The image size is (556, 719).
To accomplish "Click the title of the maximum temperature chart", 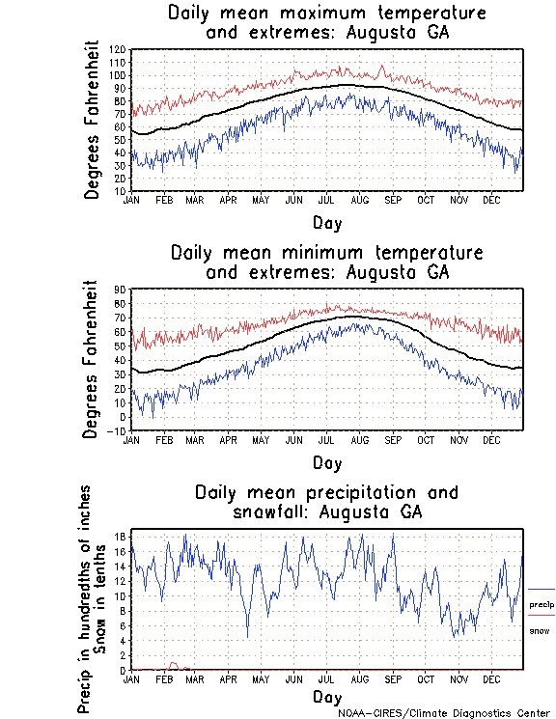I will click(326, 23).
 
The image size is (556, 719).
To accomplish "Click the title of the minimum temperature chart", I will click(326, 263).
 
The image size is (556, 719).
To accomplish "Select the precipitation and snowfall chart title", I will click(326, 501).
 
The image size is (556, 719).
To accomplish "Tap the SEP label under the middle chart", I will click(393, 439).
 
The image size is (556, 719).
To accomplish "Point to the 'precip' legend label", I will click(542, 605).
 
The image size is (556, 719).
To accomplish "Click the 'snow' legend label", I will click(539, 630).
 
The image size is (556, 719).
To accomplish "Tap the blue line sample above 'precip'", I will click(542, 590).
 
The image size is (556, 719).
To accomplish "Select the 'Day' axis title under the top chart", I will click(326, 222).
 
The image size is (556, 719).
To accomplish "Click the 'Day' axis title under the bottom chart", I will click(326, 697).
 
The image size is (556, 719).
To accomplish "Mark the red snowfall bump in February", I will click(173, 664).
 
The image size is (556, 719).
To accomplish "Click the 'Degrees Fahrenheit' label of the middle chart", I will click(92, 359).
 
